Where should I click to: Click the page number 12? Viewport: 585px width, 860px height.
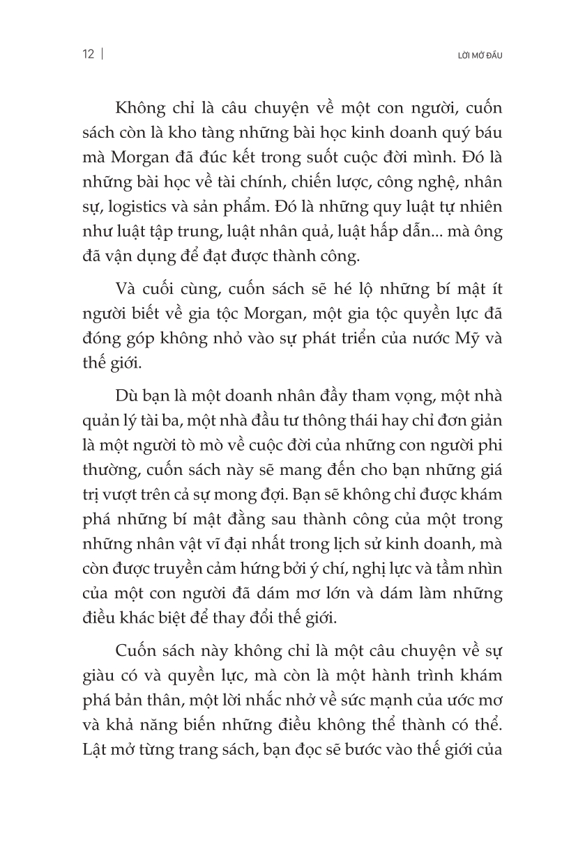coord(88,55)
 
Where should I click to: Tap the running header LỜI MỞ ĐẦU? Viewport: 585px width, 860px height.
coord(478,56)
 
